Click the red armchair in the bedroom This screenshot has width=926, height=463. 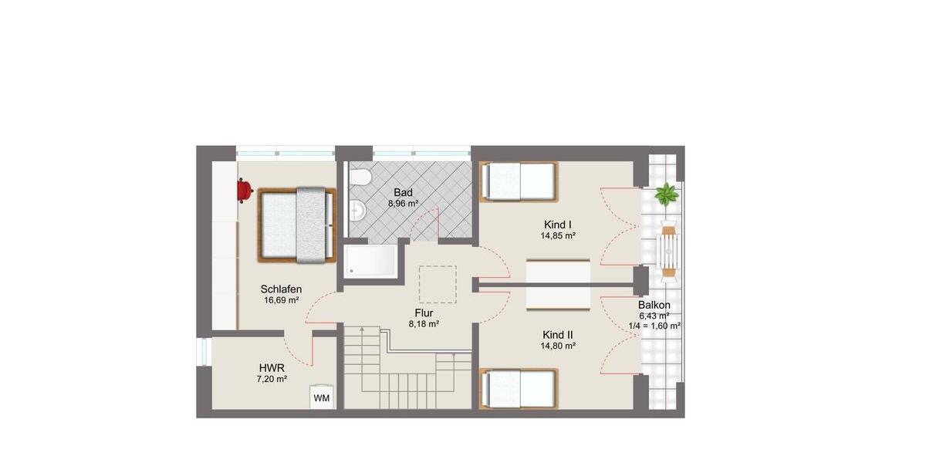pos(244,189)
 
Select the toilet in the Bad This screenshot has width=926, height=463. pos(360,178)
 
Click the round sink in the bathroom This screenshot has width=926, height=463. pos(357,209)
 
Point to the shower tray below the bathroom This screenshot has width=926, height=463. pos(371,260)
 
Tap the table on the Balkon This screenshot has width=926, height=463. pos(668,248)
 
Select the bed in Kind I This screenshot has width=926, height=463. pos(518,182)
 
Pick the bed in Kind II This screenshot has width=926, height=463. pos(518,388)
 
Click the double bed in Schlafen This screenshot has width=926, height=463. pos(297,225)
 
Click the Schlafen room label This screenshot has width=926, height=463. pos(281,289)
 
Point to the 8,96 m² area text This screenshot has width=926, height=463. pos(403,204)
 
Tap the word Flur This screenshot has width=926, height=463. pos(424,313)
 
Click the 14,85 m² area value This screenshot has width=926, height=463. pos(559,236)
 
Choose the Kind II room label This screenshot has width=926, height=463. pos(559,335)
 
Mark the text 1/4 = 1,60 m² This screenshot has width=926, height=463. pos(654,326)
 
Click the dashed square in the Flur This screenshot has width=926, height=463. pos(438,284)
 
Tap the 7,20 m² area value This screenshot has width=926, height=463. pos(271,380)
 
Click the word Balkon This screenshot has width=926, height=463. pos(654,305)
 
